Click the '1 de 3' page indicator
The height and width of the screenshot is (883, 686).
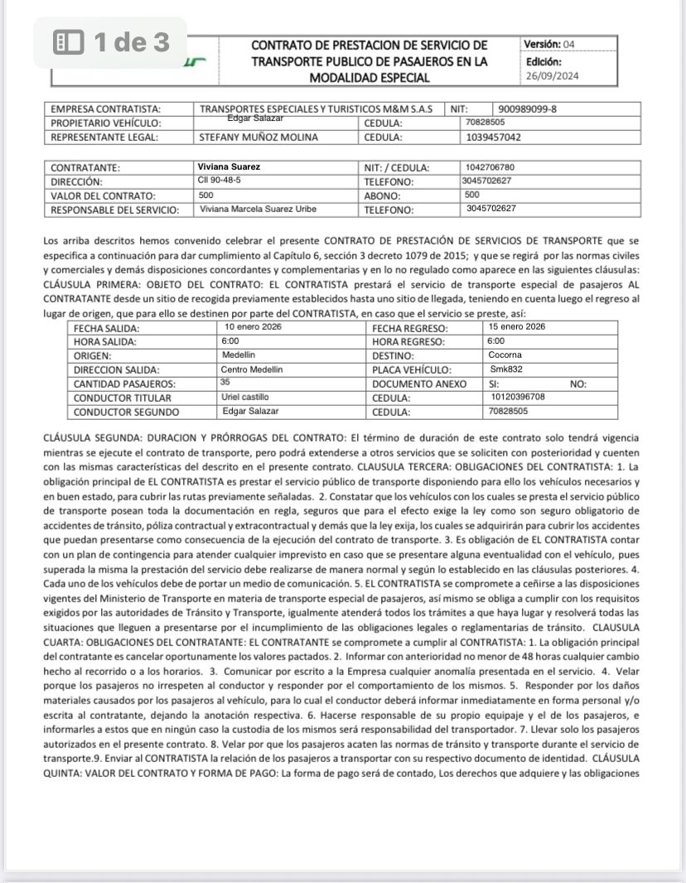(x=111, y=41)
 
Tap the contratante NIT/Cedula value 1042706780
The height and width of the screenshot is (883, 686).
(x=490, y=166)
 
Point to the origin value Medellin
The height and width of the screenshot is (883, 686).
(x=239, y=355)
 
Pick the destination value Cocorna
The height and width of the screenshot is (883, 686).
(x=505, y=355)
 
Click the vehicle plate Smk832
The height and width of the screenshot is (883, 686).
(x=506, y=369)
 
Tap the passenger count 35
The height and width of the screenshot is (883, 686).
(x=225, y=383)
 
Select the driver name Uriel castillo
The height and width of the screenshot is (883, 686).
(x=246, y=397)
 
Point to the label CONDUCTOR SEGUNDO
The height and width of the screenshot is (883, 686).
(x=126, y=412)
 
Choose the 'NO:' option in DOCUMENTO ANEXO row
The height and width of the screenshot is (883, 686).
(x=578, y=384)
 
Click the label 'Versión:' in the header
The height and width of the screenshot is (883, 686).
(x=542, y=44)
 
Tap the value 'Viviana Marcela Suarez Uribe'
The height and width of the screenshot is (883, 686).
(x=258, y=209)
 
